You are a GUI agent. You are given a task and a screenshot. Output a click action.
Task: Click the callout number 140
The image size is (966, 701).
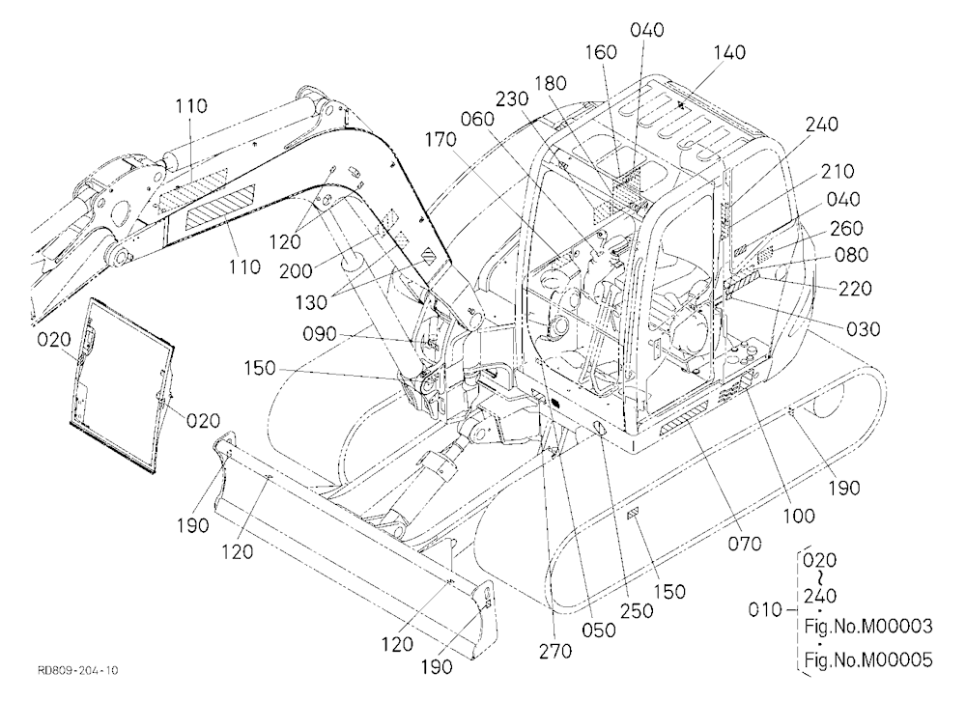729,52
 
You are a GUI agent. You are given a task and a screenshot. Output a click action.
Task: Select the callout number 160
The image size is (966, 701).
601,52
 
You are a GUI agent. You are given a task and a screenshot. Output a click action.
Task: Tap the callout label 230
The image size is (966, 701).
512,99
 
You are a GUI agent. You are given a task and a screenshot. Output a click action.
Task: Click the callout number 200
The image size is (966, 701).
296,270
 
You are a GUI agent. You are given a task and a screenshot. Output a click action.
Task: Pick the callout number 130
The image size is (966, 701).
311,302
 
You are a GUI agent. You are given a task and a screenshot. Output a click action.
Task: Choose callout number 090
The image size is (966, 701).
320,334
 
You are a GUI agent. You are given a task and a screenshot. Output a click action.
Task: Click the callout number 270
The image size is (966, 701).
555,651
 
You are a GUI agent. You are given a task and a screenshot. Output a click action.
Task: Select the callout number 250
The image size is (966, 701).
637,610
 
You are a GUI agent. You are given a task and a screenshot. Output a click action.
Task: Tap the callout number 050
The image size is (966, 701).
599,631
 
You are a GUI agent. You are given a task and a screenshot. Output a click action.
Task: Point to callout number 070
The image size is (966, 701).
744,544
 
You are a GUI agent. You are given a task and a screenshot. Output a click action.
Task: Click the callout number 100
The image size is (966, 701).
799,516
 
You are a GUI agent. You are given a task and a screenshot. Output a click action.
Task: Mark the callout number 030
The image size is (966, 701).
863,329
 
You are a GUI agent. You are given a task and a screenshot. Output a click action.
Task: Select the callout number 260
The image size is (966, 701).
846,229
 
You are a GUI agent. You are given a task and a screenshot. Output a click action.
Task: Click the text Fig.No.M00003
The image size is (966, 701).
868,627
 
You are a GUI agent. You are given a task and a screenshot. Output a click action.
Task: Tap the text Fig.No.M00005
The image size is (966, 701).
868,659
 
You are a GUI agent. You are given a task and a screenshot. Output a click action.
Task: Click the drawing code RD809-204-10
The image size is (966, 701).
77,670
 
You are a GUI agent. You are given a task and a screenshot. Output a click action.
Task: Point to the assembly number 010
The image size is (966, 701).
765,610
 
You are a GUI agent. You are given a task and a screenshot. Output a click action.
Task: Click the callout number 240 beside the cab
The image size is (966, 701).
822,124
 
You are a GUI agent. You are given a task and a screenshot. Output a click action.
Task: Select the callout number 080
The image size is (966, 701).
851,254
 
